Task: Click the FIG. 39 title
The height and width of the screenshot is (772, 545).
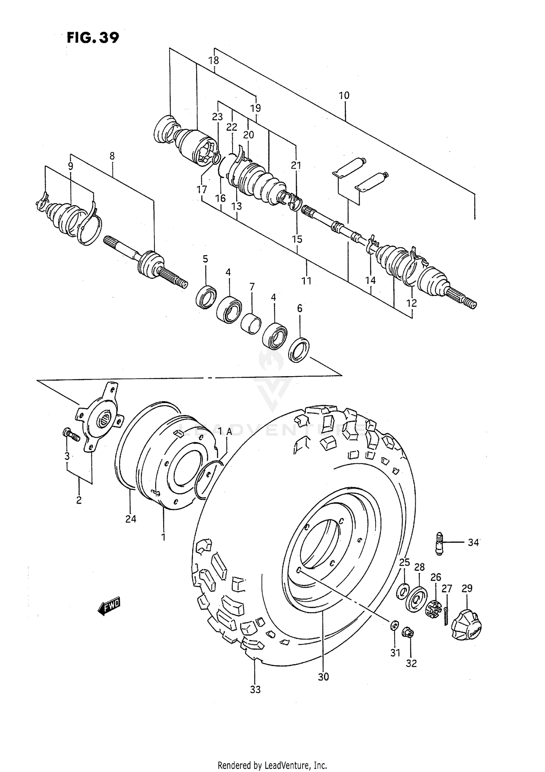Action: [93, 38]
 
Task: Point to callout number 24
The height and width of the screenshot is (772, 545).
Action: [131, 519]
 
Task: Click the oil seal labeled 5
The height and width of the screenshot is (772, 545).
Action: [206, 297]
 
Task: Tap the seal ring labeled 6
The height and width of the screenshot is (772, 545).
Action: [299, 350]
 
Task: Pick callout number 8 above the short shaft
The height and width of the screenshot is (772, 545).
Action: [112, 156]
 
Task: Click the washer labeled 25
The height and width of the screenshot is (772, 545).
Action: [402, 591]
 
